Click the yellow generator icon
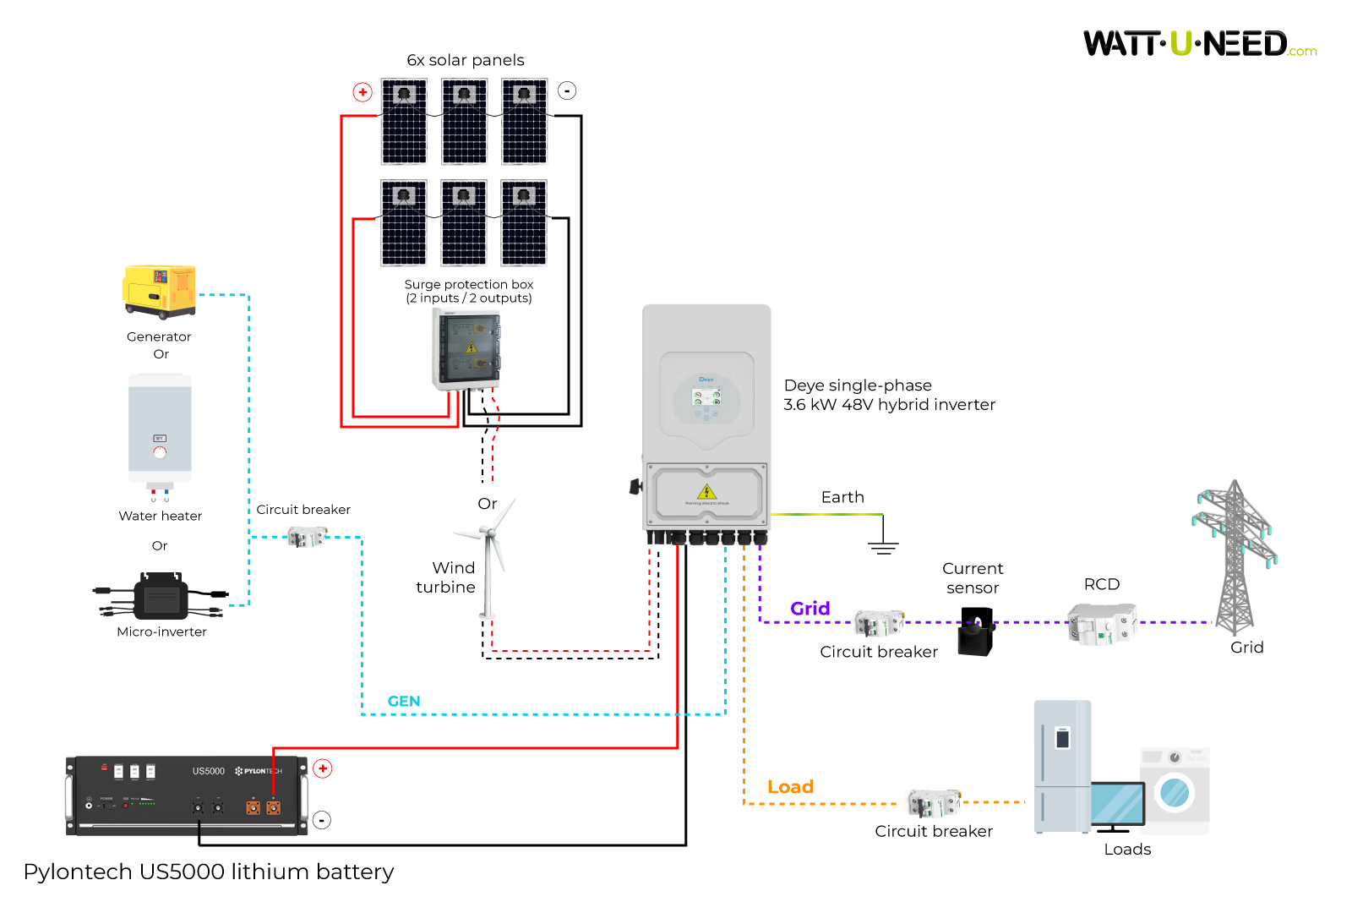click(159, 291)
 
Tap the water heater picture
click(160, 431)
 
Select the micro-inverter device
click(161, 597)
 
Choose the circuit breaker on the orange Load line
click(934, 803)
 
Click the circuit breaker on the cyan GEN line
click(306, 536)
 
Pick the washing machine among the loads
click(1175, 790)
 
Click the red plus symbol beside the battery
click(323, 768)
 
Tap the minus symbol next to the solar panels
click(567, 90)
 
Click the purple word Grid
click(810, 609)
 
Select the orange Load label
click(790, 787)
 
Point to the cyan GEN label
click(403, 701)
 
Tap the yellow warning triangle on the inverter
click(706, 492)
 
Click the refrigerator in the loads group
click(1062, 765)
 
